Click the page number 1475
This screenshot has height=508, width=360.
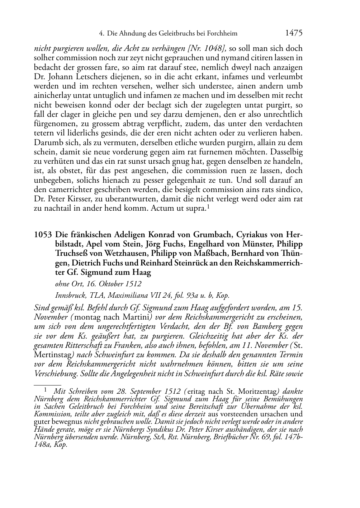(294, 33)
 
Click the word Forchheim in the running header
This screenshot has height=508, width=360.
(222, 34)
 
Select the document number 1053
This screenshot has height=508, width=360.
(43, 235)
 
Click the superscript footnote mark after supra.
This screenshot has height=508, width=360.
(208, 206)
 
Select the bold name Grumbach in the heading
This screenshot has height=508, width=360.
(212, 235)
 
